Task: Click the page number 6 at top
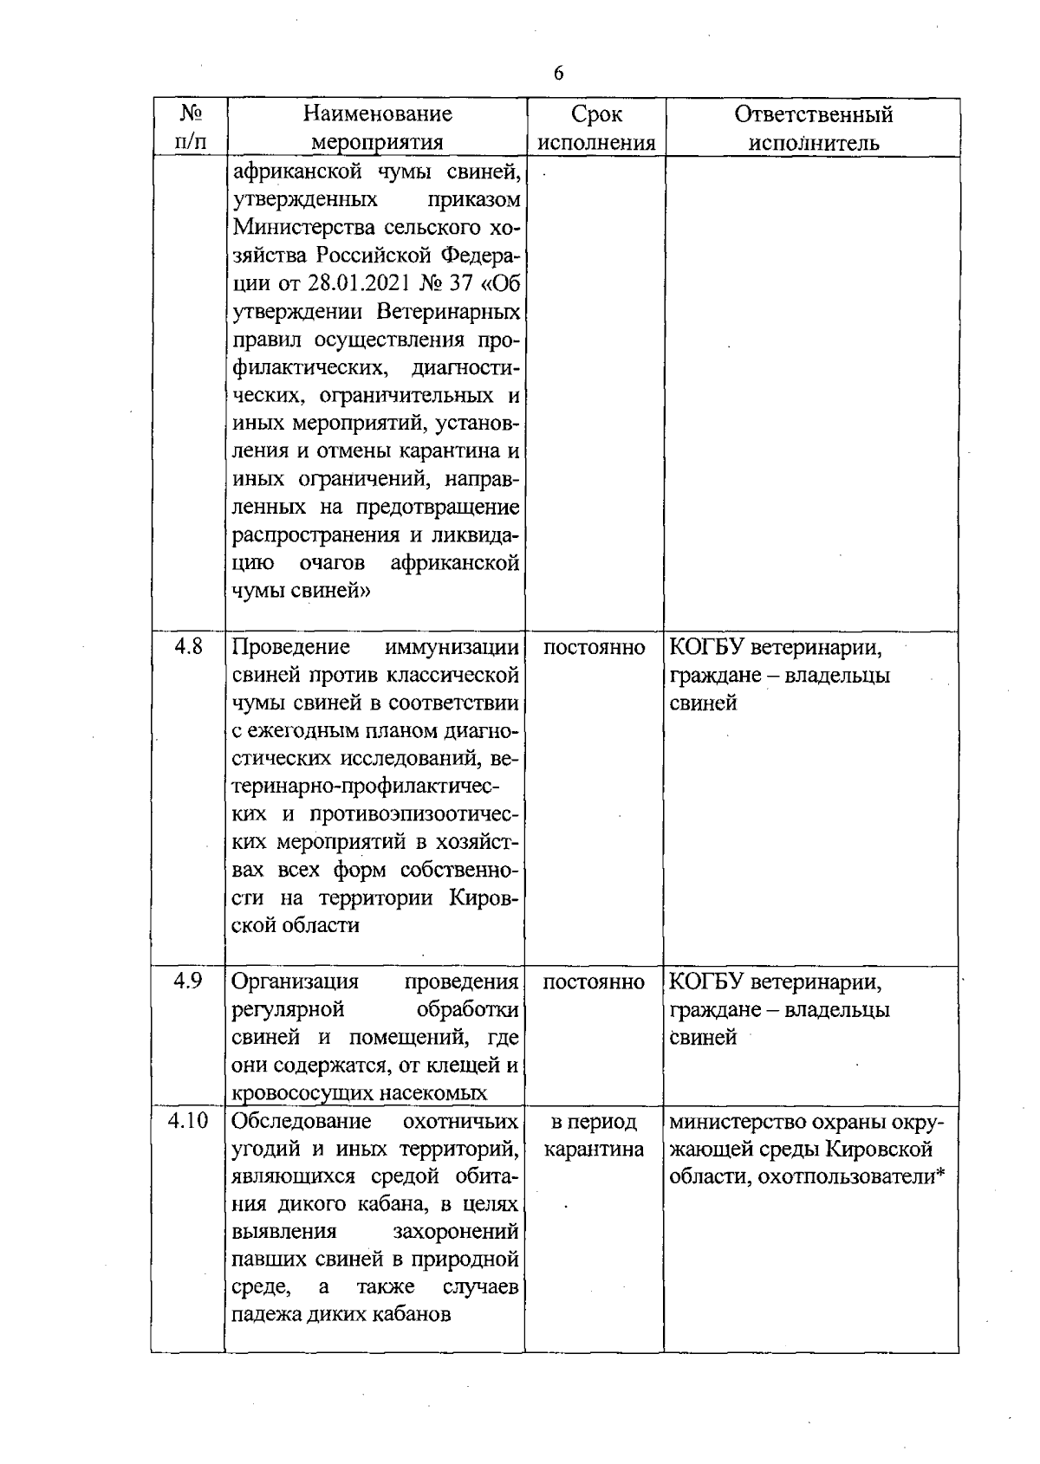(558, 74)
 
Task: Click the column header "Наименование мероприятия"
(378, 127)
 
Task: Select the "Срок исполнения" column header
(596, 127)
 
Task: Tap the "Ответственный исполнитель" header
(813, 127)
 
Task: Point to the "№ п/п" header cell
(191, 127)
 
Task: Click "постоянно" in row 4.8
(595, 648)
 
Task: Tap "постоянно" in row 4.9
(595, 982)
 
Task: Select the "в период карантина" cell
(595, 1136)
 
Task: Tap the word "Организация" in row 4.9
(296, 982)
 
